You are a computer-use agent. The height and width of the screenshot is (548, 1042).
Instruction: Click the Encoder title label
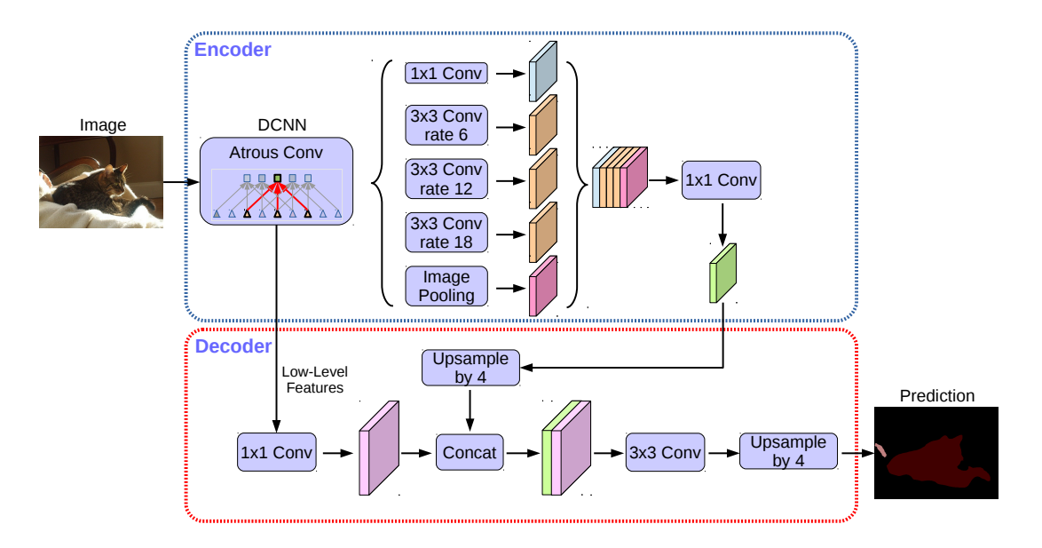(233, 50)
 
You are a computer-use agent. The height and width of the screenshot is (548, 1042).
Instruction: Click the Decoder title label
(233, 345)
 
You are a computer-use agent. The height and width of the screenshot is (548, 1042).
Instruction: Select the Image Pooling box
(446, 286)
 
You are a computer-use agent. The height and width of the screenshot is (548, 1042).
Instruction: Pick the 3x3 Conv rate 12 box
(446, 179)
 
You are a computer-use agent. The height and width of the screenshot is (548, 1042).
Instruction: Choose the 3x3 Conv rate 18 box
(446, 232)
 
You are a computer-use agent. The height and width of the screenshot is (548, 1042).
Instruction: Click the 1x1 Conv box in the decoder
(276, 452)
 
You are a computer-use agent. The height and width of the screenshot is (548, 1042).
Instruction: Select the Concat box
(470, 452)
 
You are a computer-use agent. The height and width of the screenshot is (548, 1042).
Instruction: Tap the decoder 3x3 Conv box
(665, 452)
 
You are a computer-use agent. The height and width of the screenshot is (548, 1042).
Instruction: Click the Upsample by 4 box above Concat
(470, 368)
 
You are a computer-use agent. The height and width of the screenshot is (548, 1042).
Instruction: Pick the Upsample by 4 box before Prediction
(788, 451)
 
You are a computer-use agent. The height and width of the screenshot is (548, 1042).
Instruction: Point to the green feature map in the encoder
(723, 273)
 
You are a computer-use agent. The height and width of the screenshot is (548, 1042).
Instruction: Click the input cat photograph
(101, 182)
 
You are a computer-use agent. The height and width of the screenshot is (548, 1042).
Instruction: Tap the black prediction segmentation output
(936, 452)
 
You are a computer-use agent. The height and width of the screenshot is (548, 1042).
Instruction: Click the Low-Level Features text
(312, 381)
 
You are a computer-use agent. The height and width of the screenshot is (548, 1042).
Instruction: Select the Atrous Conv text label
(277, 153)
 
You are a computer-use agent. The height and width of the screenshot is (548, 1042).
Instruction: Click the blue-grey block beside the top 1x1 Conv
(541, 71)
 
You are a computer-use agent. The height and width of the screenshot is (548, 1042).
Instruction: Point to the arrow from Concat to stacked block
(522, 452)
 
